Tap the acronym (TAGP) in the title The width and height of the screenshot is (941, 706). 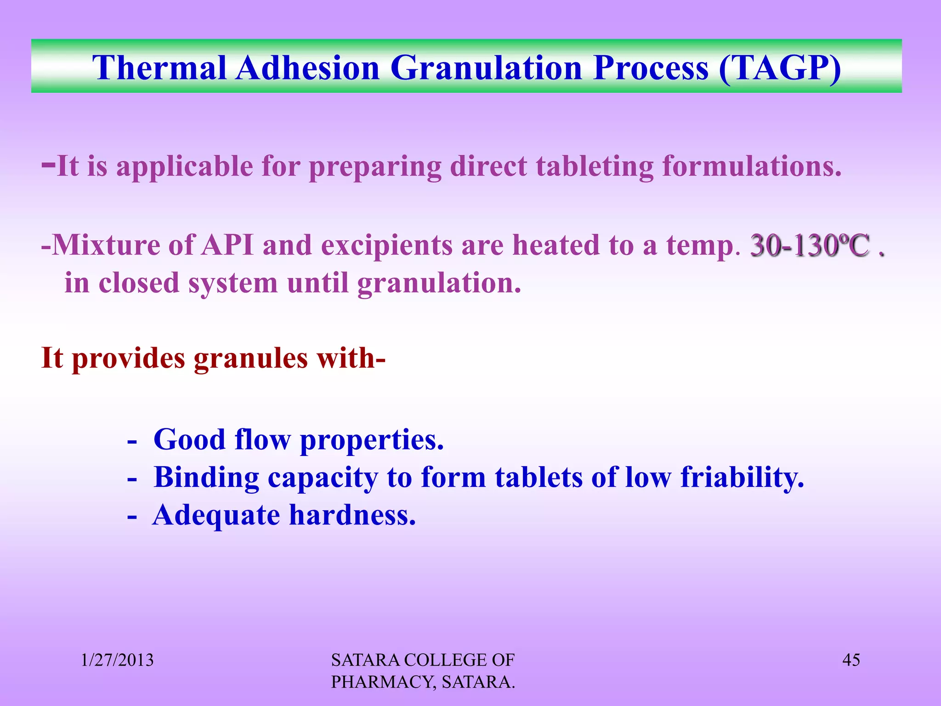pyautogui.click(x=780, y=68)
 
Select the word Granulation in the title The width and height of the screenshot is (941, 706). pyautogui.click(x=487, y=68)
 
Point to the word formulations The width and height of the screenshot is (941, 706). pyautogui.click(x=752, y=166)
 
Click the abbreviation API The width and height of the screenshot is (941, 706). pyautogui.click(x=228, y=245)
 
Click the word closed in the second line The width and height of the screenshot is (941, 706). pyautogui.click(x=139, y=283)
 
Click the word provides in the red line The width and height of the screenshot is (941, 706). pyautogui.click(x=129, y=359)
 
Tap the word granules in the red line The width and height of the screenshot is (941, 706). pyautogui.click(x=250, y=359)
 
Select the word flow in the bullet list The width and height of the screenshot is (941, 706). pyautogui.click(x=262, y=440)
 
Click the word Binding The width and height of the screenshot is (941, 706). pyautogui.click(x=206, y=478)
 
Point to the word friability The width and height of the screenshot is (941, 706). pyautogui.click(x=742, y=477)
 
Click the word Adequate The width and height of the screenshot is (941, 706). pyautogui.click(x=216, y=516)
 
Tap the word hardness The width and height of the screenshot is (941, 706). pyautogui.click(x=352, y=516)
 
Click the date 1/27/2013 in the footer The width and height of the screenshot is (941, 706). pyautogui.click(x=117, y=660)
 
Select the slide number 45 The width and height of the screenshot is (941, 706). pyautogui.click(x=851, y=660)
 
